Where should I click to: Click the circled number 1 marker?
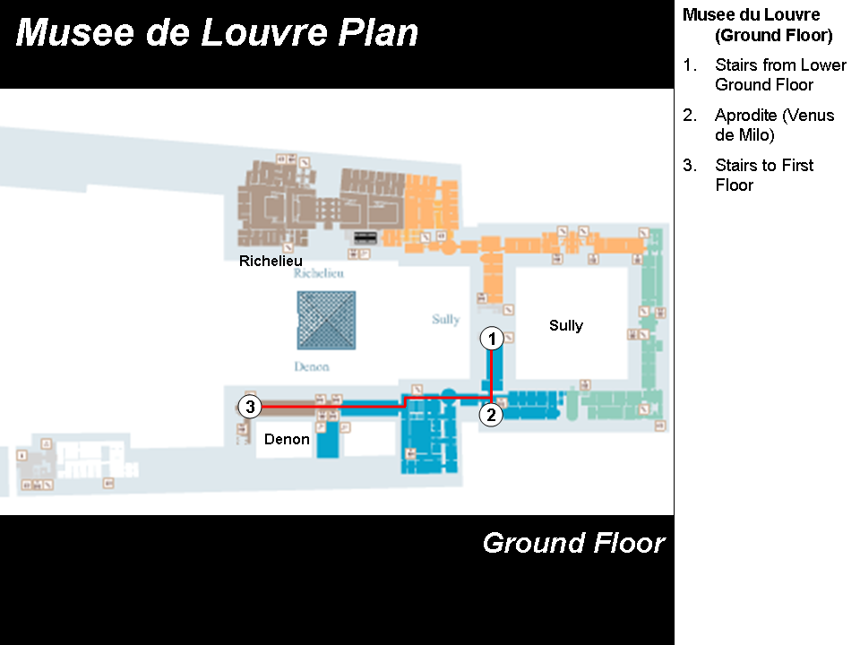click(x=490, y=339)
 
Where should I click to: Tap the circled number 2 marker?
click(x=490, y=415)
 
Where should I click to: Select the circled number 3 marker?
click(x=251, y=407)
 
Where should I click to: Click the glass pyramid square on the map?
click(x=326, y=320)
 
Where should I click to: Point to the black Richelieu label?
click(x=271, y=262)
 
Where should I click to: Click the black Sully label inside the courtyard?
click(x=566, y=325)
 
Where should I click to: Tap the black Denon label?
click(x=287, y=439)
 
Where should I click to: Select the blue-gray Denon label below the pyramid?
click(x=312, y=366)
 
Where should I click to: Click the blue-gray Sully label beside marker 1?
click(x=445, y=320)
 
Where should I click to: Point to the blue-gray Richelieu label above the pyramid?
click(x=318, y=274)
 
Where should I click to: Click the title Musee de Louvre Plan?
click(x=218, y=33)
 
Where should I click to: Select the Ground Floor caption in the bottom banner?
click(x=573, y=543)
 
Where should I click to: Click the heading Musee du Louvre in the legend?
click(x=751, y=15)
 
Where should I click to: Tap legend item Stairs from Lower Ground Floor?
click(x=779, y=75)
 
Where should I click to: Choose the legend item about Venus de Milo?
click(x=774, y=125)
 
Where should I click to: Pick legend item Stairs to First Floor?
click(x=764, y=176)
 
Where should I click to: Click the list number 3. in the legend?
click(x=689, y=166)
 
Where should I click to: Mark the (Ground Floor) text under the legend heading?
click(x=773, y=36)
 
